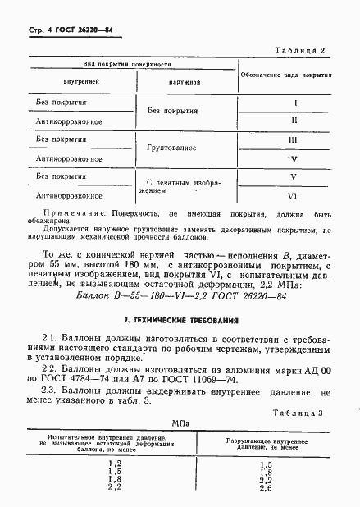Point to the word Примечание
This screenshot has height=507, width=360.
(61, 211)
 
